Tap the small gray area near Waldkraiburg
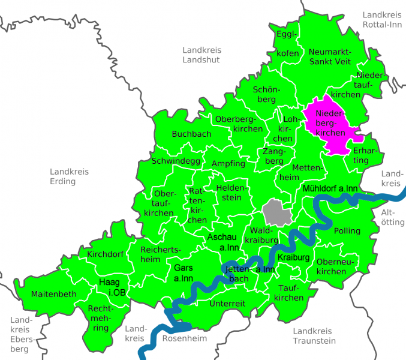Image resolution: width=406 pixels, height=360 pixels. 277,212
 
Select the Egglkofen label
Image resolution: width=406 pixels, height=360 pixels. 288,44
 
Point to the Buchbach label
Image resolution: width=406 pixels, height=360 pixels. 191,134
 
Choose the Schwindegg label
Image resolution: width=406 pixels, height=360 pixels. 176,161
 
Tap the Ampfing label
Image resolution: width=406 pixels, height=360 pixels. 228,163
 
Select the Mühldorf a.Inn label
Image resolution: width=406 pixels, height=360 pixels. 330,189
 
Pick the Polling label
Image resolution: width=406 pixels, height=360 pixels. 347,231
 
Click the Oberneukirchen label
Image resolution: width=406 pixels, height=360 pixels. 331,266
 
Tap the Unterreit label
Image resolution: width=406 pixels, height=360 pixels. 227,304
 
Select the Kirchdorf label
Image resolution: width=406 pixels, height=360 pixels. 106,254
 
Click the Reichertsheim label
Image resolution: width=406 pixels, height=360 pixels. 158,254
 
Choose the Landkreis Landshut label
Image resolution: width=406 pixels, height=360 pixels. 201,55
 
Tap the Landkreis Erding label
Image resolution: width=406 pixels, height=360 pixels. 69,176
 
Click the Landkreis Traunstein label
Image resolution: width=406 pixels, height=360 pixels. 314,335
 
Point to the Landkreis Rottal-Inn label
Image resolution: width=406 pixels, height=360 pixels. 382,19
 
